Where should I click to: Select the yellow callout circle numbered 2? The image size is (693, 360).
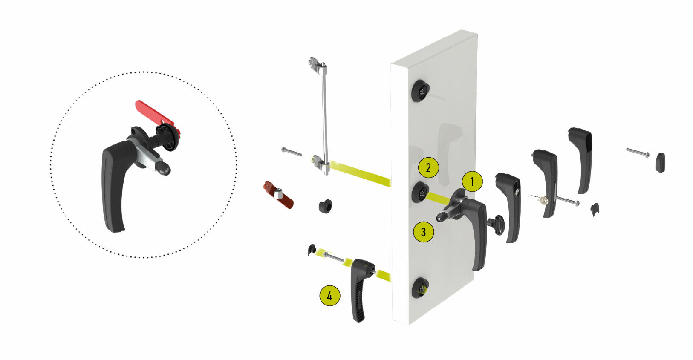(x=428, y=167)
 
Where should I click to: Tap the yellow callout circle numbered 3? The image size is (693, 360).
(x=424, y=232)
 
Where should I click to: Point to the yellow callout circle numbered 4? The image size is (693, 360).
(x=330, y=296)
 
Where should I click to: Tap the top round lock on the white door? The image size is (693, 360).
(x=420, y=91)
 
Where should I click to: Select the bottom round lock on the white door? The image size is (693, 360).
(x=420, y=288)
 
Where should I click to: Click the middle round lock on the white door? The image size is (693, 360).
(x=420, y=193)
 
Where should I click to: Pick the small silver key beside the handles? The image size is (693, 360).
(x=540, y=199)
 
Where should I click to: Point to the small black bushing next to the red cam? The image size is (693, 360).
(x=326, y=207)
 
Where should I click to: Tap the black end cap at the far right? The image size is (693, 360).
(x=660, y=162)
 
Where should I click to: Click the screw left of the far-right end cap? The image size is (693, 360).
(x=638, y=153)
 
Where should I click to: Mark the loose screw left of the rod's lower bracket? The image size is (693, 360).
(x=292, y=152)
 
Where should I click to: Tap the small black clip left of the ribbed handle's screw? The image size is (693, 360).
(x=311, y=249)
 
